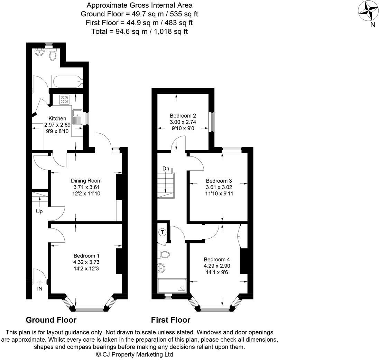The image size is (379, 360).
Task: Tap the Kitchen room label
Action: [57, 118]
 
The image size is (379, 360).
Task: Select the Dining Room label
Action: [86, 181]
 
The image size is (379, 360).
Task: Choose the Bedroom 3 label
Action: [219, 181]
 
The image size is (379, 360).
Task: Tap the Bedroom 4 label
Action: [217, 260]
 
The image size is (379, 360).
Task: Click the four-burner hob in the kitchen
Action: [64, 100]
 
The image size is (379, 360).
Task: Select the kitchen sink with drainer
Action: [76, 117]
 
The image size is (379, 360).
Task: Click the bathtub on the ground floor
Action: [67, 82]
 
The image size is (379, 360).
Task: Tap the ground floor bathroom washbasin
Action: [39, 53]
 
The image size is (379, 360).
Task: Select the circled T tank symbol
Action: [162, 232]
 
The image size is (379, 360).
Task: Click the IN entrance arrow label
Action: [40, 288]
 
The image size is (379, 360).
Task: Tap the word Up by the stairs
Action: [39, 211]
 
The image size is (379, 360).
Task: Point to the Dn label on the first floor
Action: [166, 169]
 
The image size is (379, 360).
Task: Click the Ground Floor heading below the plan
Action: [51, 320]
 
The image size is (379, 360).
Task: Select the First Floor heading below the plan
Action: [170, 320]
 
